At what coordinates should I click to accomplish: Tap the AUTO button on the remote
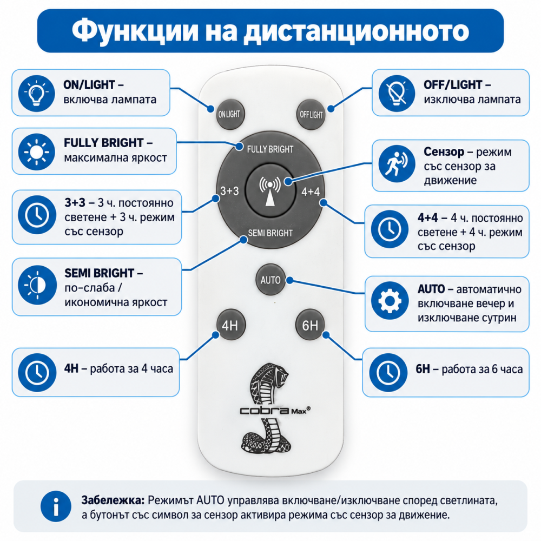point(270,280)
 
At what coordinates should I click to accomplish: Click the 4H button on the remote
point(230,325)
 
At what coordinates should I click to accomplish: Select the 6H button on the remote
point(310,325)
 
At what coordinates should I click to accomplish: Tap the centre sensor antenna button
point(270,190)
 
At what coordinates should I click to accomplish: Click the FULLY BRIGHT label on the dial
point(270,149)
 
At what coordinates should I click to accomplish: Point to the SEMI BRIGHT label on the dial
point(270,233)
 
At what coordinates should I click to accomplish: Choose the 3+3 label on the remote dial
point(229,190)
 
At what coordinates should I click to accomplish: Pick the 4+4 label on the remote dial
point(311,192)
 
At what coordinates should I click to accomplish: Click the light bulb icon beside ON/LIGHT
point(37,93)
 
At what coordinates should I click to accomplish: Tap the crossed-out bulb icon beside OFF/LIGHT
point(397,93)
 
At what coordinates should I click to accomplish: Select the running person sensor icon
point(397,163)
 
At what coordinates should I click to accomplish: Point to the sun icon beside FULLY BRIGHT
point(37,152)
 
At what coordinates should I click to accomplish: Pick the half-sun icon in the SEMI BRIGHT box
point(37,285)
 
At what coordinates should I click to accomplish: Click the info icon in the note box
point(56,506)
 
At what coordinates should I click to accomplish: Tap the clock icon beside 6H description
point(388,372)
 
